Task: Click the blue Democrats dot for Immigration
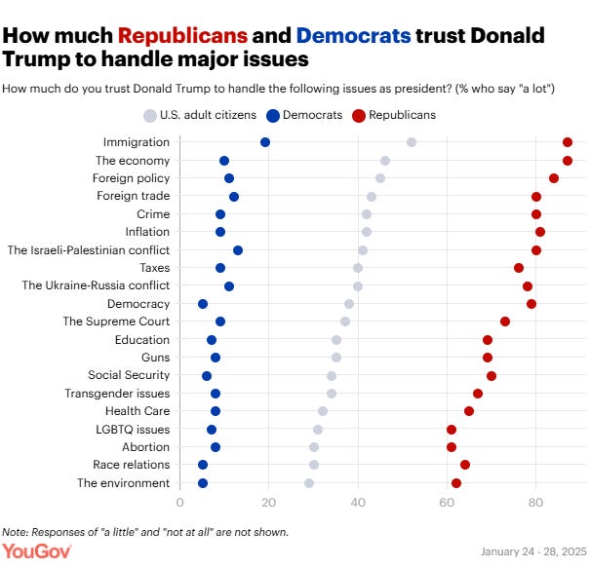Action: (x=265, y=142)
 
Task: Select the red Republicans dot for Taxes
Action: (x=519, y=268)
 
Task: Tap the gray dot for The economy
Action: (x=385, y=161)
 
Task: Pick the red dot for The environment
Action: (x=456, y=483)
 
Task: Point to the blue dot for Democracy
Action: (x=203, y=304)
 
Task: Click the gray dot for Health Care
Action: (x=323, y=411)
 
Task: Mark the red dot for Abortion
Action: (x=452, y=447)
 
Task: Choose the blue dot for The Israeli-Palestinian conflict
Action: (x=238, y=250)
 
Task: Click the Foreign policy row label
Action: (x=131, y=178)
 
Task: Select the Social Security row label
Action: (x=129, y=375)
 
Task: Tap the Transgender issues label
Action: (x=117, y=394)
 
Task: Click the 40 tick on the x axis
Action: (x=358, y=503)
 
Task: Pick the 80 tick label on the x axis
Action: (x=535, y=503)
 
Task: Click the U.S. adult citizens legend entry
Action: (x=201, y=115)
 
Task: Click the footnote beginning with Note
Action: (x=145, y=532)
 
